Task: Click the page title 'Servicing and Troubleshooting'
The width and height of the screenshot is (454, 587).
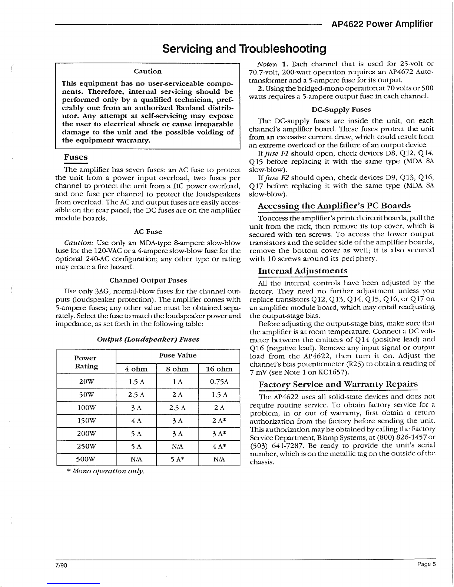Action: pyautogui.click(x=245, y=49)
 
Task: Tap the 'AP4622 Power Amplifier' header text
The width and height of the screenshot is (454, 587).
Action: pyautogui.click(x=382, y=24)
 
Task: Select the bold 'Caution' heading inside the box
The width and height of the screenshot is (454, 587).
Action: pyautogui.click(x=148, y=71)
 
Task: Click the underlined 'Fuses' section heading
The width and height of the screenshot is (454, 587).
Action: pyautogui.click(x=76, y=157)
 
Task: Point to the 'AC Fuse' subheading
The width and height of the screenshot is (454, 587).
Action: pyautogui.click(x=148, y=231)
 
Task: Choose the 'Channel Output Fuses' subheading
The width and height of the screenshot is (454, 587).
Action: pyautogui.click(x=148, y=280)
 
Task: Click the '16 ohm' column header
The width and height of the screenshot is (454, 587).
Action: pyautogui.click(x=219, y=369)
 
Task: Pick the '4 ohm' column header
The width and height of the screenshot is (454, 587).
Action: pyautogui.click(x=136, y=369)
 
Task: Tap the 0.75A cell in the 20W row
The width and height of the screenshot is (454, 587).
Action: pyautogui.click(x=219, y=382)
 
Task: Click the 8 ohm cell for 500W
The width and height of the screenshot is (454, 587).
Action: pyautogui.click(x=178, y=460)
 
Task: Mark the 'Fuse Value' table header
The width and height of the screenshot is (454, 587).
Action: pyautogui.click(x=178, y=355)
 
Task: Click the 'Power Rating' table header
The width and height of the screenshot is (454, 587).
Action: pyautogui.click(x=85, y=362)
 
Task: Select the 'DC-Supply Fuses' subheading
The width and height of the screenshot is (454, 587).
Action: pyautogui.click(x=341, y=110)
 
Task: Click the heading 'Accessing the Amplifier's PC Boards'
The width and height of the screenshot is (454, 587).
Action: pyautogui.click(x=334, y=206)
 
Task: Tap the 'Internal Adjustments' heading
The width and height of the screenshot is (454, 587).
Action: pyautogui.click(x=302, y=260)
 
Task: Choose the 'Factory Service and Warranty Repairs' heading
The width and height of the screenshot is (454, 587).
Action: pyautogui.click(x=338, y=384)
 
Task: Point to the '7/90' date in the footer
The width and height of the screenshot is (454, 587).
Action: pyautogui.click(x=59, y=565)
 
